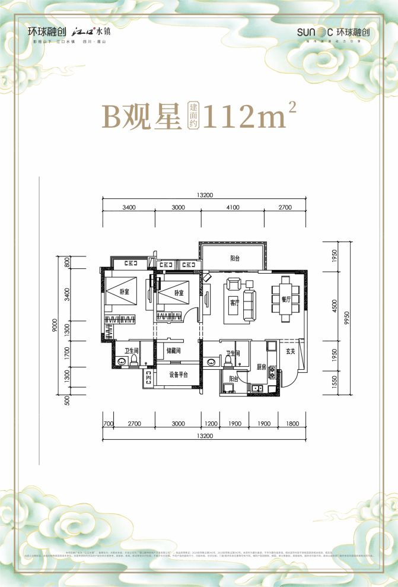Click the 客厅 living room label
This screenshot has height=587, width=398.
tap(234, 302)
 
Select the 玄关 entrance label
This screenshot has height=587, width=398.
tap(291, 351)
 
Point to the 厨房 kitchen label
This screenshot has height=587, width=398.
tap(261, 367)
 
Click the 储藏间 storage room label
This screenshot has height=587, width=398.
tap(173, 351)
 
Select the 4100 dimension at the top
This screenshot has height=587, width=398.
tap(232, 207)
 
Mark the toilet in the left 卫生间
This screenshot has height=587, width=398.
tap(133, 360)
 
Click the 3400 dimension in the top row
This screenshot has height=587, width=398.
tap(129, 207)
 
